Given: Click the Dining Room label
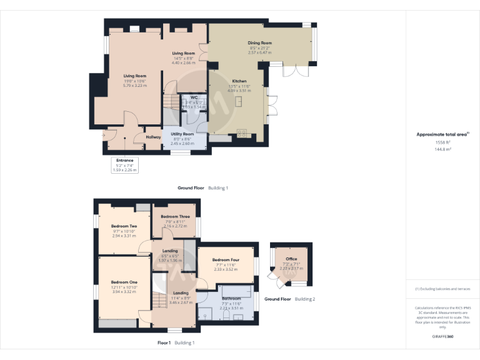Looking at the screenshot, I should coord(260,43).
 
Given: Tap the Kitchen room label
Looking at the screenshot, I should coord(240,81).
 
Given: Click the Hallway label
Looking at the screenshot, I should coord(153,137).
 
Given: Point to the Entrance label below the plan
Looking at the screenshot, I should coord(124,161).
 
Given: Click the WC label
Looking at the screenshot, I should coord(194,97).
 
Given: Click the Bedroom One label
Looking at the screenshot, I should coord(124,282).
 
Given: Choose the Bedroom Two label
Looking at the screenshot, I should coord(124,226).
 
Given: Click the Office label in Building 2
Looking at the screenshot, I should coord(291,259).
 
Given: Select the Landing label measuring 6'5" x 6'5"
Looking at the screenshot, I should coord(162,251).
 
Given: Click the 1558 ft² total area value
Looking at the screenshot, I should coord(442,142).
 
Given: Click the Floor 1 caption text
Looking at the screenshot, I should coord(164,342).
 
